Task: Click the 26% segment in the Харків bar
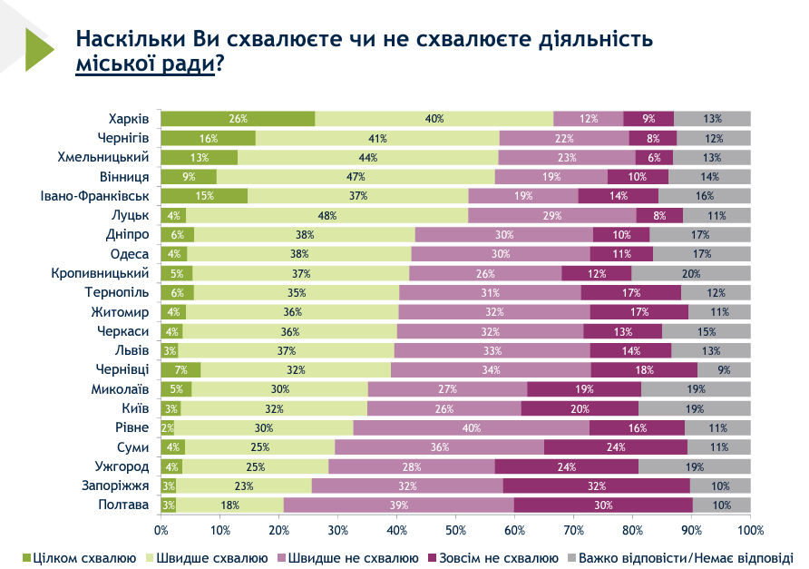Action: pos(238,119)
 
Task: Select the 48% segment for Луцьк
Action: pos(327,215)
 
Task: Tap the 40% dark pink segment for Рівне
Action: pos(471,427)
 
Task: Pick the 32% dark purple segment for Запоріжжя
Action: pos(596,486)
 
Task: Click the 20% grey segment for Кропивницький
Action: pos(691,273)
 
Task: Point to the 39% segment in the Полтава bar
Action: pos(398,505)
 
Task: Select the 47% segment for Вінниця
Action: pos(356,177)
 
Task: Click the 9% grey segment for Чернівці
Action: pos(724,369)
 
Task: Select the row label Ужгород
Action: pos(123,466)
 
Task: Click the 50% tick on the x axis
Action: pos(455,529)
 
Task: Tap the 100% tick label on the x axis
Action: pos(749,529)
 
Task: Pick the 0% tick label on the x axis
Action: pos(161,529)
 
